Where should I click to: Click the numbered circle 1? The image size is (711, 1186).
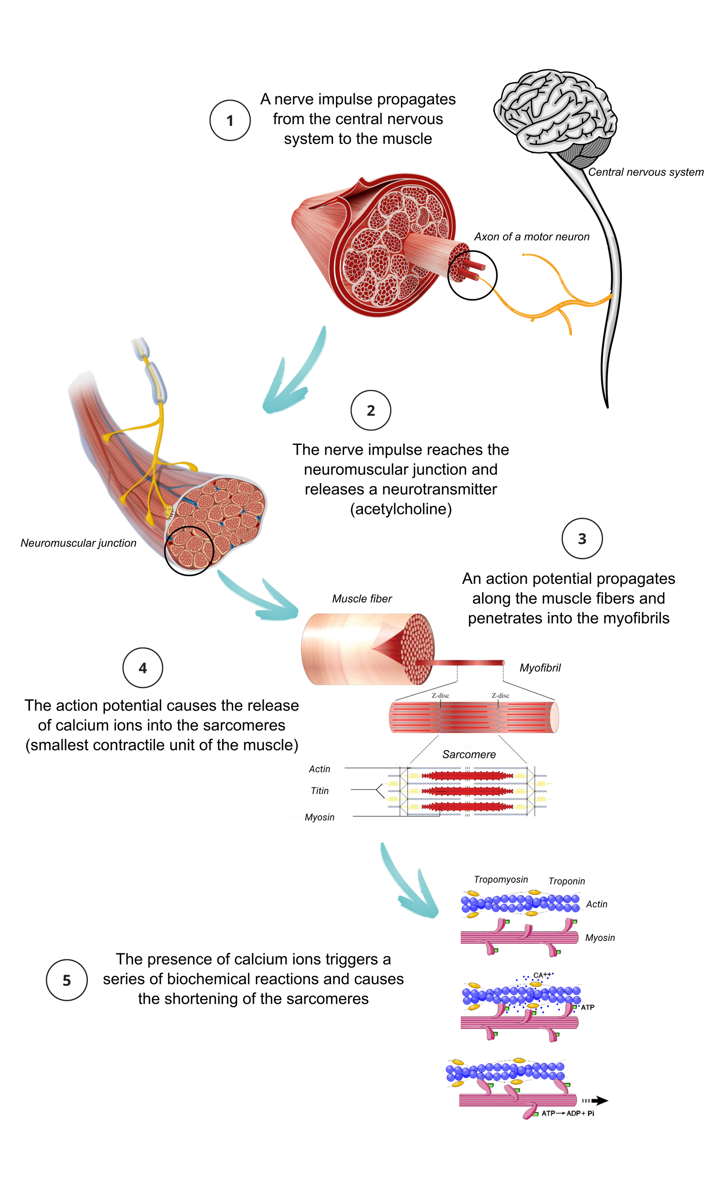(230, 120)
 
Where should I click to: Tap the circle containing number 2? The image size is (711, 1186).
(370, 411)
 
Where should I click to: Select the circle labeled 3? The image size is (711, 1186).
(582, 538)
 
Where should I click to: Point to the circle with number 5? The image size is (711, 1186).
(66, 980)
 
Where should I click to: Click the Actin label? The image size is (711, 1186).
(319, 769)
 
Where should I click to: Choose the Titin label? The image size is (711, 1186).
(320, 790)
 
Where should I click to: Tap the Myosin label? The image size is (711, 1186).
(320, 816)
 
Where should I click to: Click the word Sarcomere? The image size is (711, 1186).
(469, 755)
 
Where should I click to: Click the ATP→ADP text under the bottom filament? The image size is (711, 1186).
(563, 1113)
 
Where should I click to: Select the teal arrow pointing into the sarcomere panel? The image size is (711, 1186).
(259, 599)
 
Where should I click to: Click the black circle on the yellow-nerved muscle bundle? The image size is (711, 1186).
(189, 549)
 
